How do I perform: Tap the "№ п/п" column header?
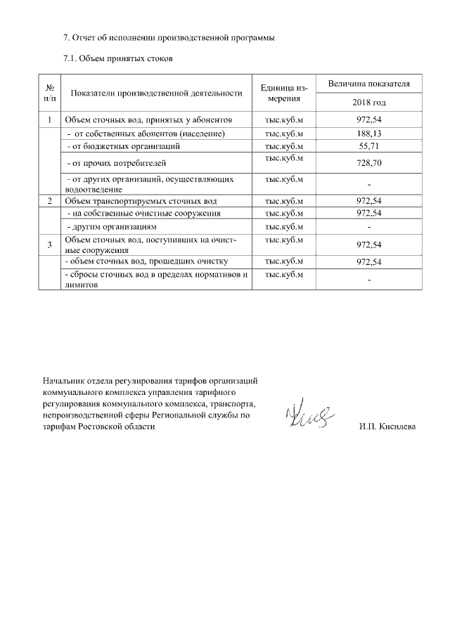click(50, 93)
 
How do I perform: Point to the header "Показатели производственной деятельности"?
click(157, 93)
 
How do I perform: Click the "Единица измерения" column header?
click(283, 93)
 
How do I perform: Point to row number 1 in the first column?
click(50, 120)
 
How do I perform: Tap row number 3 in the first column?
click(50, 245)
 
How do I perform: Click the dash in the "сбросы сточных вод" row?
click(368, 281)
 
